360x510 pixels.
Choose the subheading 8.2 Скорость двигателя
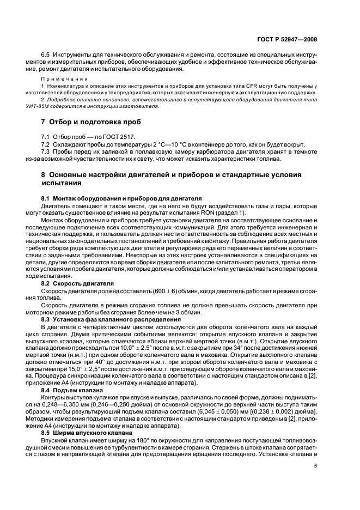[77, 283]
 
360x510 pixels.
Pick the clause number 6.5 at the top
[46, 56]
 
